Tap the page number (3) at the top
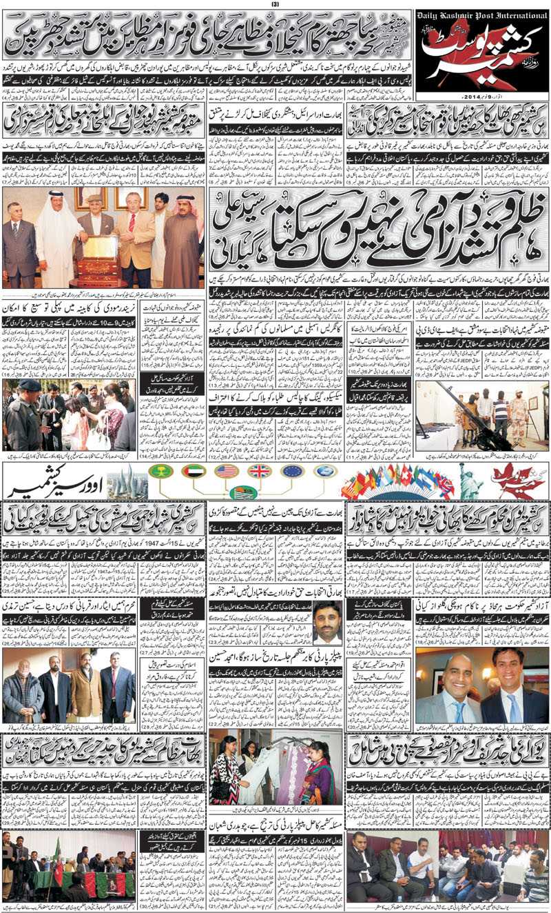(275, 5)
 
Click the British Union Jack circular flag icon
(259, 471)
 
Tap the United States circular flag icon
(227, 471)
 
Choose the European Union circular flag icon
(292, 471)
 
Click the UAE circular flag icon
(194, 471)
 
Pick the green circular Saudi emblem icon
(161, 471)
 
